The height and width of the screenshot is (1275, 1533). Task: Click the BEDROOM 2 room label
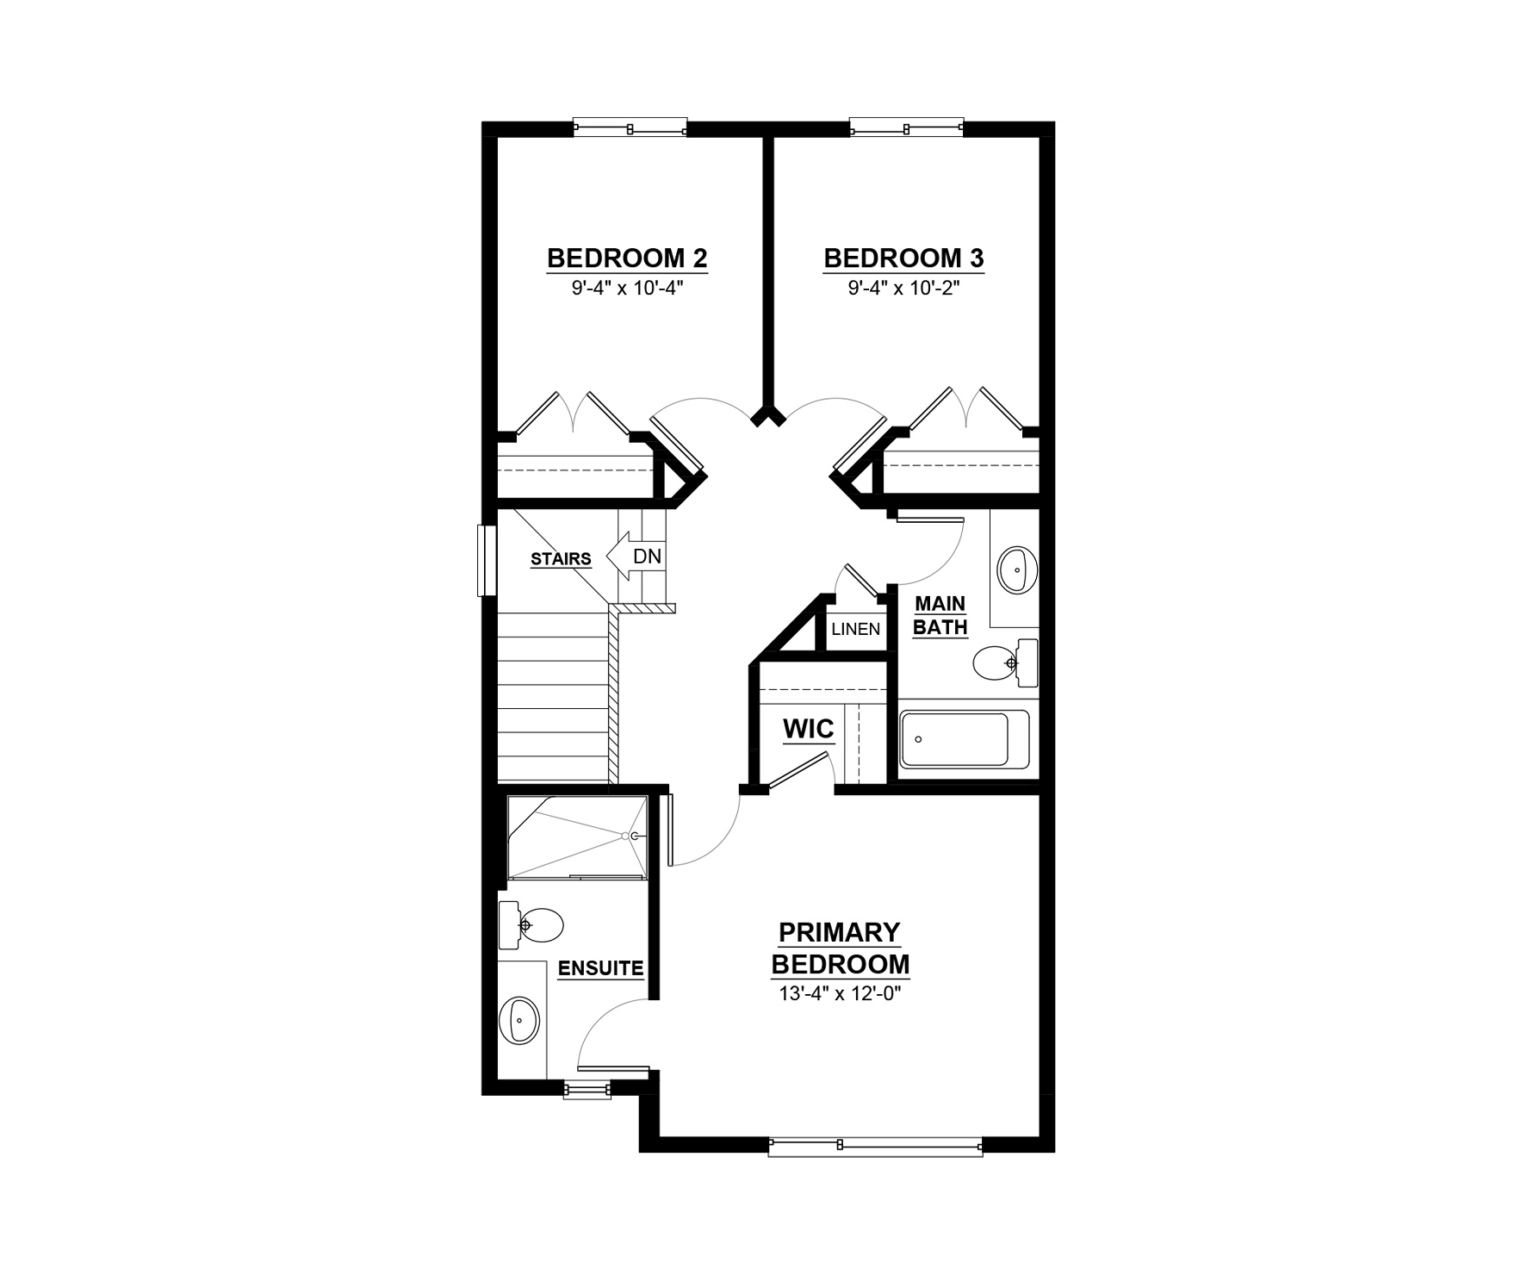coord(627,258)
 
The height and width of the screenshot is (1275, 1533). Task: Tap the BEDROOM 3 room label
coord(903,258)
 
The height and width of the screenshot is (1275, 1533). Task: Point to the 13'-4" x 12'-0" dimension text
coord(840,993)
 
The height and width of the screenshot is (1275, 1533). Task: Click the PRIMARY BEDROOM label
coord(840,948)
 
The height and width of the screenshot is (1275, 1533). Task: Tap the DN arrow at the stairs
coord(636,557)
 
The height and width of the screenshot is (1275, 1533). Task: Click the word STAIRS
coord(561,559)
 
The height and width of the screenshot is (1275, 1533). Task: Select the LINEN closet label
coord(855,629)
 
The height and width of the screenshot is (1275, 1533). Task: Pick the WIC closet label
coord(808,730)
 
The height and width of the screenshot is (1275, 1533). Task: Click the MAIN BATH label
coord(940,615)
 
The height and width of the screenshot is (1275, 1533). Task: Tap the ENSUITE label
coord(600,968)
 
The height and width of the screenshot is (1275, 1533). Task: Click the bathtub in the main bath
coord(965,740)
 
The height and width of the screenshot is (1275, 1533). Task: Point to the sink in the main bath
coord(1017,569)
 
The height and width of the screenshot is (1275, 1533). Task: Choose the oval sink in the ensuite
coord(519,1020)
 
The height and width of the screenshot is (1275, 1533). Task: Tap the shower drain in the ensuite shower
coord(636,836)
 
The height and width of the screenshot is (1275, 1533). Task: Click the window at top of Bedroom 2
coord(630,128)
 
